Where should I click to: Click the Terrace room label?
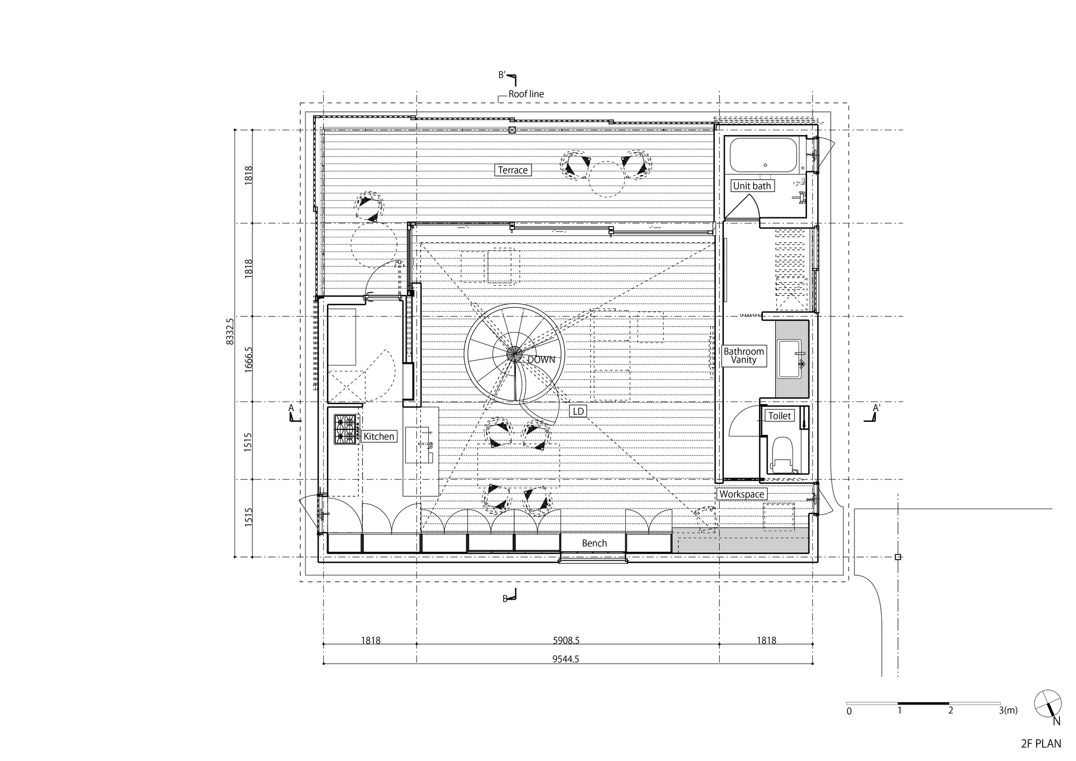click(513, 170)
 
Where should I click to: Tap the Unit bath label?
click(752, 186)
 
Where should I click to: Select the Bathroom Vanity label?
click(744, 356)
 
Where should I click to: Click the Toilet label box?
click(780, 415)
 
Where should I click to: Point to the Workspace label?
click(741, 494)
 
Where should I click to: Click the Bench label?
click(594, 543)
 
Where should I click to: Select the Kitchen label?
click(379, 436)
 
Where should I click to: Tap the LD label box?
click(578, 412)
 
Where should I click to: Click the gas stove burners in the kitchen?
click(346, 429)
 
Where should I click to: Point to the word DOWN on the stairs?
click(541, 360)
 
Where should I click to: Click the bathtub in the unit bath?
click(763, 154)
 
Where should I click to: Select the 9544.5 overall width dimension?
click(565, 659)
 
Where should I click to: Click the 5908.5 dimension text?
click(565, 640)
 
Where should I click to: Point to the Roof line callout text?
click(526, 94)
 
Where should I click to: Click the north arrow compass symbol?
click(1048, 703)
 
